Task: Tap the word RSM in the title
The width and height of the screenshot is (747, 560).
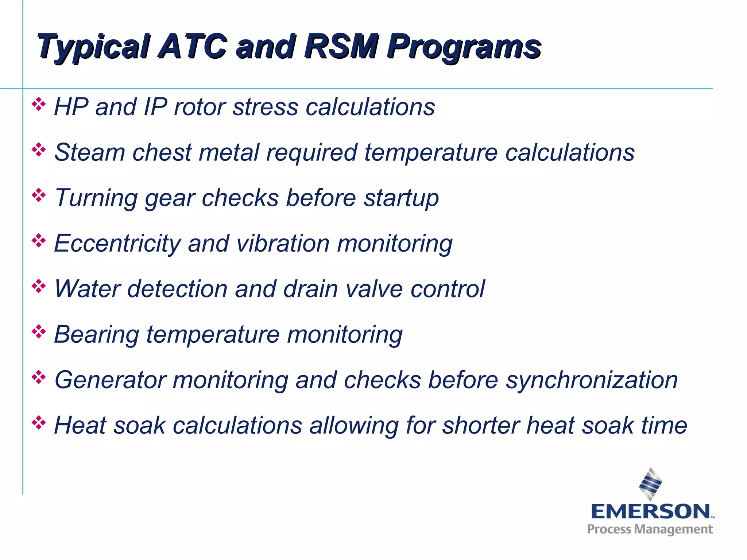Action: (341, 47)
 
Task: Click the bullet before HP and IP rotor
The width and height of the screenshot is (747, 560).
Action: (38, 105)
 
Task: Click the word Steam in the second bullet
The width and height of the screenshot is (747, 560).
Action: (90, 152)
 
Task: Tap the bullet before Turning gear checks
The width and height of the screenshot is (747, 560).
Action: (38, 195)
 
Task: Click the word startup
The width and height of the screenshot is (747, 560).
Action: (401, 199)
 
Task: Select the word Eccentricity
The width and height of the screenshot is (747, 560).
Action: (117, 244)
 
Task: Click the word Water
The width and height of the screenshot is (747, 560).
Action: (87, 289)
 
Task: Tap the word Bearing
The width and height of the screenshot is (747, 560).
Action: (97, 335)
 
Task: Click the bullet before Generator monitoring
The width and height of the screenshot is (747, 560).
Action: (38, 377)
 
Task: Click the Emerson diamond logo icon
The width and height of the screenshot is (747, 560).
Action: (650, 484)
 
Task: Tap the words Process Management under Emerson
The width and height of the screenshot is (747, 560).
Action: (650, 529)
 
